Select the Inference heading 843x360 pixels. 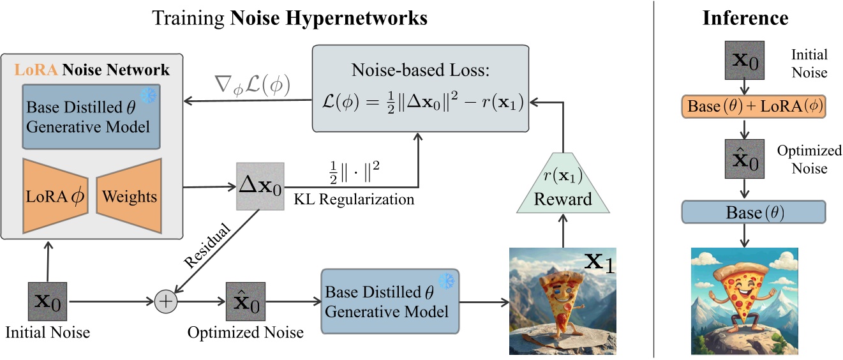745,18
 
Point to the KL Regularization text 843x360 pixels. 354,199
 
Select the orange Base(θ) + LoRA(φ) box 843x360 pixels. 745,108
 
